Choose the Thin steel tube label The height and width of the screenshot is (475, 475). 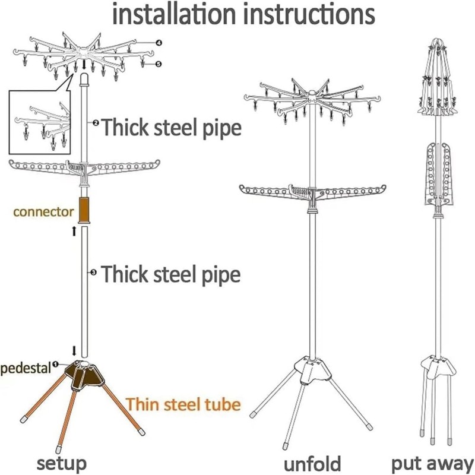pos(183,404)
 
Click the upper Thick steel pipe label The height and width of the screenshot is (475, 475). pos(172,127)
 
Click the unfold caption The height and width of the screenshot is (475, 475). pos(312,463)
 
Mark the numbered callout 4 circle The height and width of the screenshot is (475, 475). pos(159,43)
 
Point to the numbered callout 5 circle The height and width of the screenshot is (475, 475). pos(159,64)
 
